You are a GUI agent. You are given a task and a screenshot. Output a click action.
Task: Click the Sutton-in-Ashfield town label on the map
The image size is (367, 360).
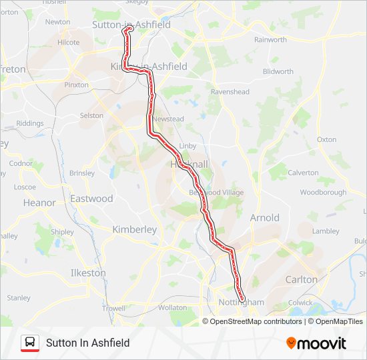[131, 25]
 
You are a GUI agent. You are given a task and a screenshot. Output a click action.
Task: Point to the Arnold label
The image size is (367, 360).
[264, 217]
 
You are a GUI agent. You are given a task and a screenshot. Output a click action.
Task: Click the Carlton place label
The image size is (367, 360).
[301, 279]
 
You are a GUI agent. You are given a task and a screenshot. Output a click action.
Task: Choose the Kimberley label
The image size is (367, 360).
[134, 229]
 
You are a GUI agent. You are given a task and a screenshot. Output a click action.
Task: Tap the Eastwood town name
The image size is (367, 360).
[91, 199]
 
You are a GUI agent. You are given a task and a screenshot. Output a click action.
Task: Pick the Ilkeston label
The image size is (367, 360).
[88, 273]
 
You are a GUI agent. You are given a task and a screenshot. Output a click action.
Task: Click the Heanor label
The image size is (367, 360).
[39, 203]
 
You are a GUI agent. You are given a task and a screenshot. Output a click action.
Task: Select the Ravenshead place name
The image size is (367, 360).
[230, 91]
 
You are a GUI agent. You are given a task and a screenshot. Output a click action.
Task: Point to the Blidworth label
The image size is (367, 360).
[278, 71]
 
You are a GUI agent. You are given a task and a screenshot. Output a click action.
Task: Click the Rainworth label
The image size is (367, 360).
[270, 40]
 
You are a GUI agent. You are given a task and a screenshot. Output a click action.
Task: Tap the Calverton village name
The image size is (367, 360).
[303, 173]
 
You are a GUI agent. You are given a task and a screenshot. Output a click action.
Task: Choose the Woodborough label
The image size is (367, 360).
[323, 193]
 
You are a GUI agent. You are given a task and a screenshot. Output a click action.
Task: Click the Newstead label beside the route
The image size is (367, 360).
[167, 119]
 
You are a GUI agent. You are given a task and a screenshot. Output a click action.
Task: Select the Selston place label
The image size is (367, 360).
[91, 115]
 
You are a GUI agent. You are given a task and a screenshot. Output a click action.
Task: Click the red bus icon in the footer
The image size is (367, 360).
[30, 343]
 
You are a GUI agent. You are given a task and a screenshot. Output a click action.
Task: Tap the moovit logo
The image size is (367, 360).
[316, 343]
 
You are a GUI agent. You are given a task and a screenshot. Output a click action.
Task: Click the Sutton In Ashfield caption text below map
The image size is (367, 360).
[87, 343]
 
